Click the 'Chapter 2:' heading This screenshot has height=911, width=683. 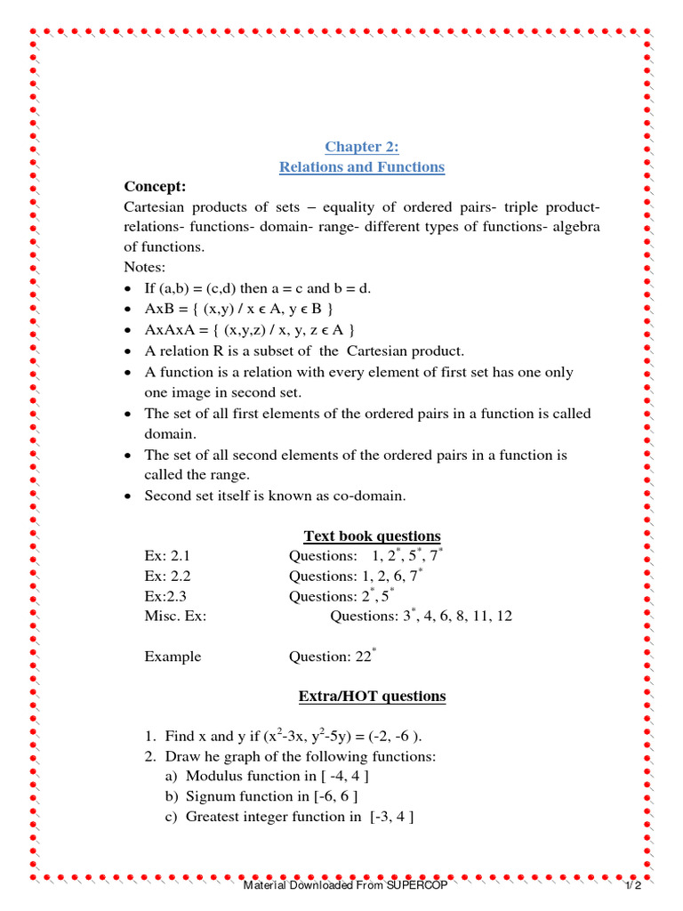point(361,147)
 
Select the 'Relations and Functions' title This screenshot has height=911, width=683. point(361,167)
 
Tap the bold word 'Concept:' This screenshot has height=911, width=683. point(155,187)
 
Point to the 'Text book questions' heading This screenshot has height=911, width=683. point(372,536)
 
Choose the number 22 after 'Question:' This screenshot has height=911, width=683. point(363,657)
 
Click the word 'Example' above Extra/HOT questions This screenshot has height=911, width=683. point(173,657)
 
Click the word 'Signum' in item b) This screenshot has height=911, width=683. point(210,795)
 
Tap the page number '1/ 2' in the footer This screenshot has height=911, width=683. point(632,887)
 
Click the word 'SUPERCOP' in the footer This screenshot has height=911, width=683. point(417,887)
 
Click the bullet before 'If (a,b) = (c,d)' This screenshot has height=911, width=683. point(129,290)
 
